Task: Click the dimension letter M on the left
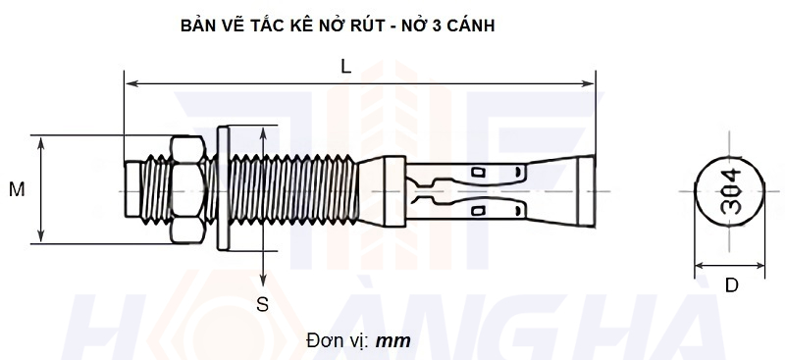pyautogui.click(x=17, y=189)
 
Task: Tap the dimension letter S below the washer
pyautogui.click(x=262, y=304)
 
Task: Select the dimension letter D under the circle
pyautogui.click(x=731, y=286)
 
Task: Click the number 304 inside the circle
pyautogui.click(x=731, y=190)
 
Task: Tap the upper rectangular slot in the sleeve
pyautogui.click(x=479, y=174)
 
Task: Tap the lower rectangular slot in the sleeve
pyautogui.click(x=479, y=211)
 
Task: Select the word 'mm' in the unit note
pyautogui.click(x=393, y=341)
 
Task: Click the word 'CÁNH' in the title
pyautogui.click(x=470, y=26)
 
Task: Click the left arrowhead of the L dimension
pyautogui.click(x=130, y=84)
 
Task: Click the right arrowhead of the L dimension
pyautogui.click(x=591, y=84)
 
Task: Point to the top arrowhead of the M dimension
pyautogui.click(x=40, y=140)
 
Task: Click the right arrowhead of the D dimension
pyautogui.click(x=762, y=265)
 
